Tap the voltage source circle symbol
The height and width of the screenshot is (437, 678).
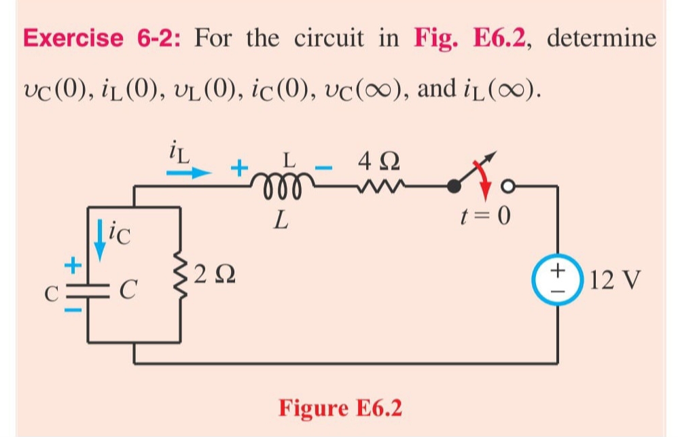coord(559,279)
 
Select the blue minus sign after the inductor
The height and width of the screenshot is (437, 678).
coord(327,166)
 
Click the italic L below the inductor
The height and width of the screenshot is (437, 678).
coord(278,220)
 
